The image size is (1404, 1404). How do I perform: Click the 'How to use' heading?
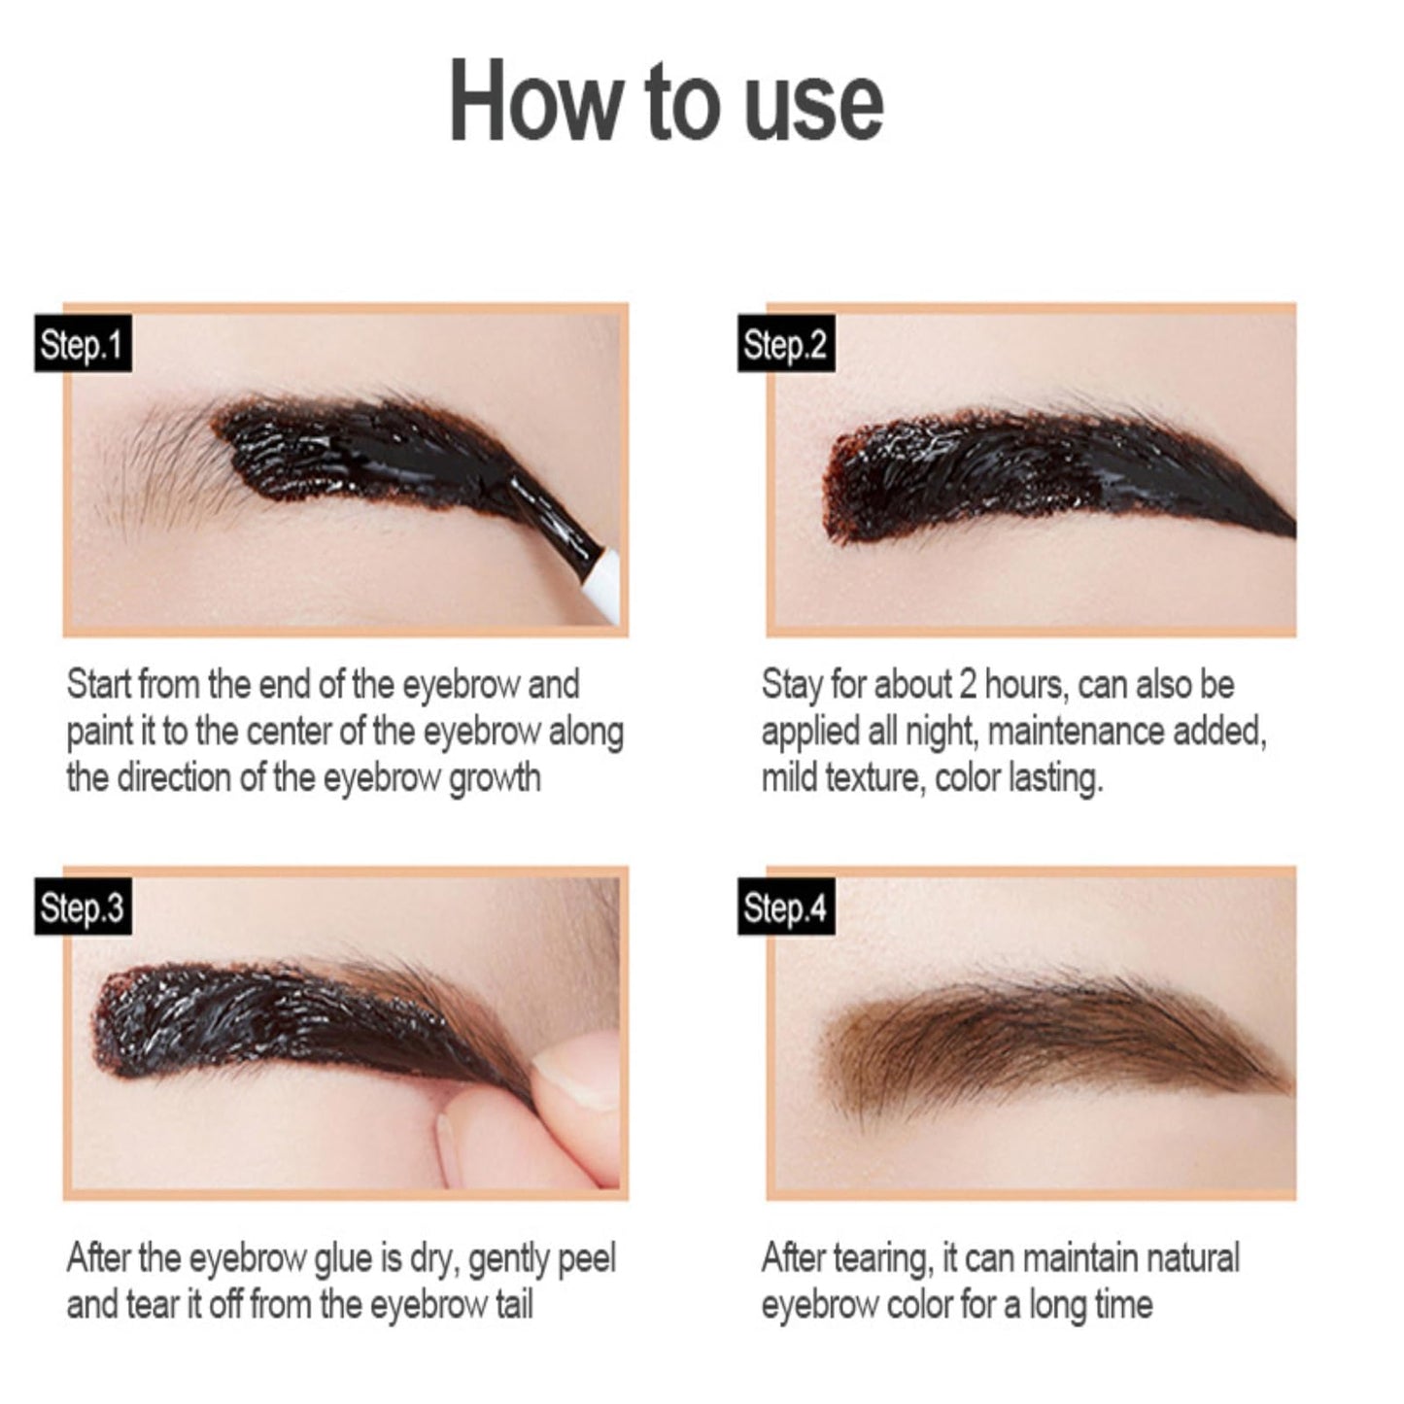coord(667,102)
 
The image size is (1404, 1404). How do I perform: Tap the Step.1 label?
coord(83,344)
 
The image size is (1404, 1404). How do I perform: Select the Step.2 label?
coord(785,344)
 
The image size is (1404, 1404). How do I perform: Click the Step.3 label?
coord(83,907)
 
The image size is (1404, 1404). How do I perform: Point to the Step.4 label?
coord(785,907)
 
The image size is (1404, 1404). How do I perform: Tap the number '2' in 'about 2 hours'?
coord(967,685)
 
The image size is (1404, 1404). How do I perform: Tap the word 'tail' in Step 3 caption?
coord(513,1305)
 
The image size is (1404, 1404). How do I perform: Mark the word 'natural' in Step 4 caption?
coord(1191,1258)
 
